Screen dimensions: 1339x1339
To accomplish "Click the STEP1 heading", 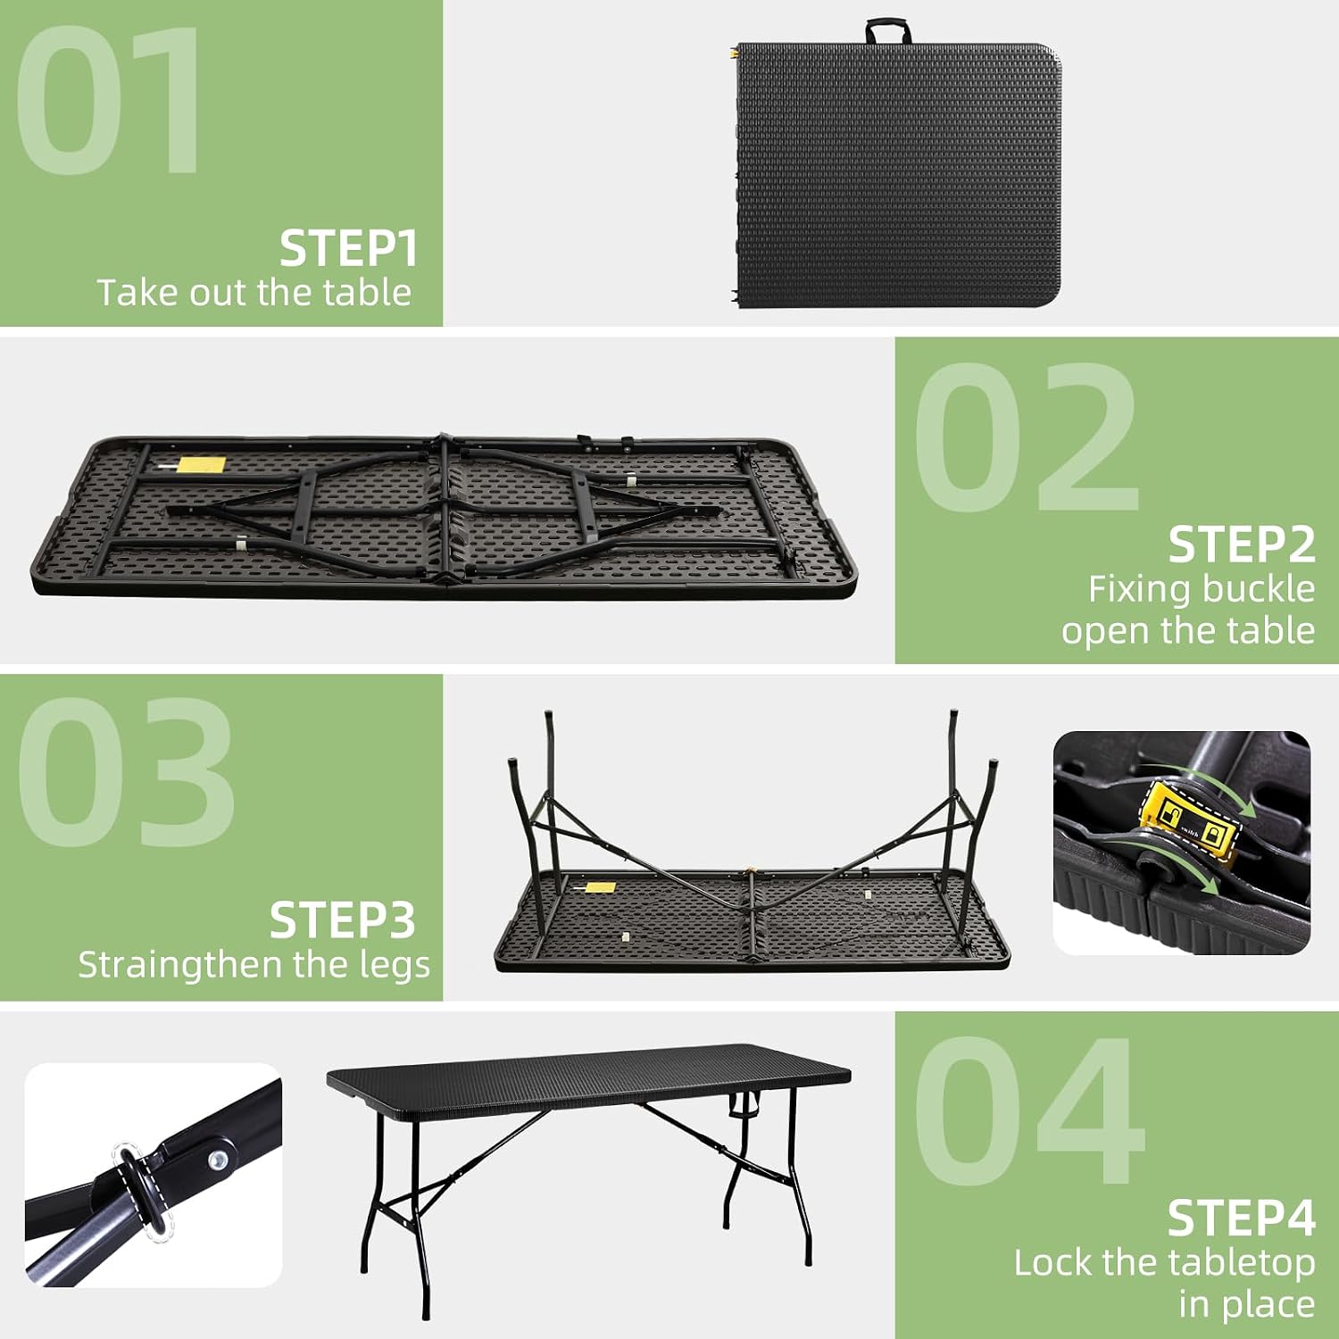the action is click(x=348, y=248).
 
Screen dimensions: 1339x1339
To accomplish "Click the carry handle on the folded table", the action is click(x=888, y=32).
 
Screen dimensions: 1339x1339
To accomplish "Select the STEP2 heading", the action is click(x=1242, y=545).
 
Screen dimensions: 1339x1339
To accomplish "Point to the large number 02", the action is click(x=1027, y=437).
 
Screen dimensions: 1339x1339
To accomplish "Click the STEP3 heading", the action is click(x=343, y=920).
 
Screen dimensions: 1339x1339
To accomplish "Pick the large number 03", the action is click(x=125, y=772).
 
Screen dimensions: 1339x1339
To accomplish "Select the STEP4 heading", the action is click(x=1242, y=1218).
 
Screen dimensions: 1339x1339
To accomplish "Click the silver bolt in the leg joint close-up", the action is click(x=217, y=1160).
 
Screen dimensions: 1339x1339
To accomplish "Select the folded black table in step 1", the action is click(x=897, y=174).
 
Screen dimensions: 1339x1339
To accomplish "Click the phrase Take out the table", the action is click(x=254, y=294).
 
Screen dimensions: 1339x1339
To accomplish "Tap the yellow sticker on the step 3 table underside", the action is click(x=599, y=888).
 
